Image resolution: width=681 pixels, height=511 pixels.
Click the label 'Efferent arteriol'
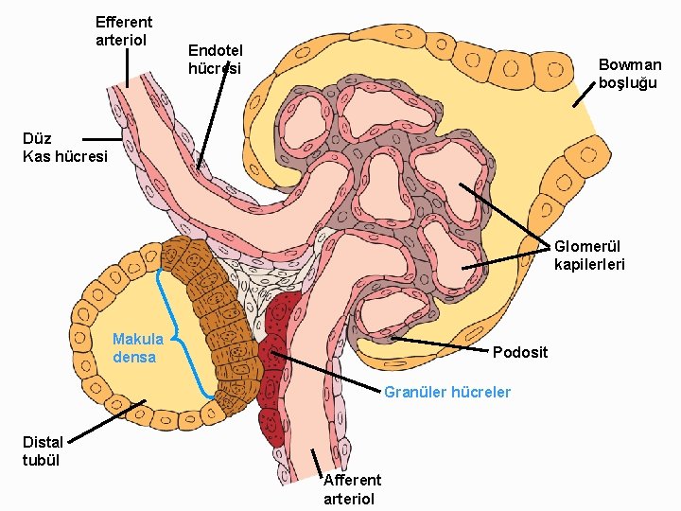tap(124, 30)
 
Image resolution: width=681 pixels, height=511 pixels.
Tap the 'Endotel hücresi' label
tap(216, 59)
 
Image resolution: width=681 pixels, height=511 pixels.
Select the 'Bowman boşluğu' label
tap(630, 74)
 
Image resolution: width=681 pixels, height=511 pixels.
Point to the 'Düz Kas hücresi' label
tap(65, 147)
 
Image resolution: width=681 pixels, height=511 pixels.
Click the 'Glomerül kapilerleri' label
tap(589, 255)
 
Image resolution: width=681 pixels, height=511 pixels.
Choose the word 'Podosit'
tap(520, 352)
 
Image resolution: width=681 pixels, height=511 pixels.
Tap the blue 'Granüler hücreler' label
tap(447, 392)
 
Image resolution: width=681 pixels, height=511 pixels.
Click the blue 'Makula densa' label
tap(138, 348)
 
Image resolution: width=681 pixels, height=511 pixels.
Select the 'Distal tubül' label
tap(43, 450)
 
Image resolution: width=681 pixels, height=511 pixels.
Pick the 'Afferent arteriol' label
tap(352, 490)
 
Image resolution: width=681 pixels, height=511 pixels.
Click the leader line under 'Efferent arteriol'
tap(129, 68)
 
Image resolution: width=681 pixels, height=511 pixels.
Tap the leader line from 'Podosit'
tap(440, 344)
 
